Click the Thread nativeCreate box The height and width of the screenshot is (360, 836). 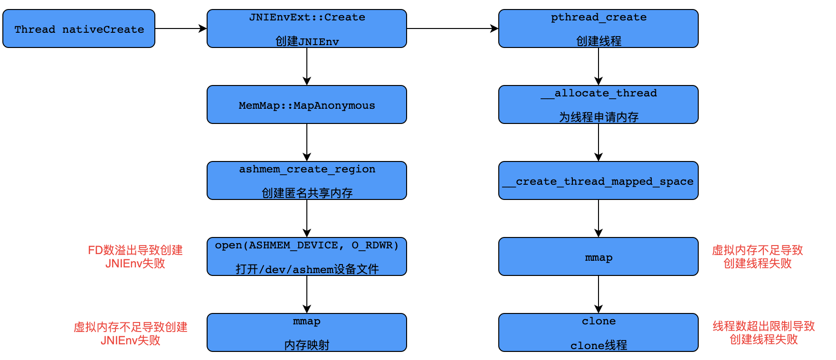point(79,28)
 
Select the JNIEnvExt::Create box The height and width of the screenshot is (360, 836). point(306,28)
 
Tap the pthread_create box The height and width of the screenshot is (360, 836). point(598,28)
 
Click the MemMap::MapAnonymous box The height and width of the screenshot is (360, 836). point(306,104)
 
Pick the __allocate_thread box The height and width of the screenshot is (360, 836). point(598,104)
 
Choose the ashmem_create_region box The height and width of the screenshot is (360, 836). point(306,180)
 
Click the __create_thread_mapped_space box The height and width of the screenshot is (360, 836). point(598,180)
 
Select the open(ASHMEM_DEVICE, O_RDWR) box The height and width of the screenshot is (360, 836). point(306,256)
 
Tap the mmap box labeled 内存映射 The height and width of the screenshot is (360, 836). point(306,332)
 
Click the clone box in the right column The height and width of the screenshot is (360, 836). point(598,332)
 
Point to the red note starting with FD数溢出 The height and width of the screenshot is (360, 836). point(135,257)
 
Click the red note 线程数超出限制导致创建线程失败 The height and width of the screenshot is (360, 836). point(763,333)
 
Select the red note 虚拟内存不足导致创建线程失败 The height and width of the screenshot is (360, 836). point(757,257)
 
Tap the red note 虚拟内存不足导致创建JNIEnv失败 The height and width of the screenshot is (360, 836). point(130,334)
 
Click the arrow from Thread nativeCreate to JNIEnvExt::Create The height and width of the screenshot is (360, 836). point(180,28)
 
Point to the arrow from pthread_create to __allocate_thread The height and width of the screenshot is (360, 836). point(598,66)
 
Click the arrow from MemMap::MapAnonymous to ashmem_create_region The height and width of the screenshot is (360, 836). point(307,142)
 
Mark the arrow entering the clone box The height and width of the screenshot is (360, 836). point(598,294)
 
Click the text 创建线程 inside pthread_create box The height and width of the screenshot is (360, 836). point(598,41)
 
